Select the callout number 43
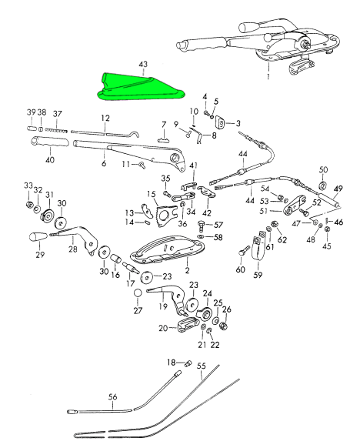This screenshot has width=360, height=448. pyautogui.click(x=143, y=65)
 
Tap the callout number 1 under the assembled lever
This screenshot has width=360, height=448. pyautogui.click(x=268, y=77)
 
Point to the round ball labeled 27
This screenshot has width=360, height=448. pyautogui.click(x=138, y=293)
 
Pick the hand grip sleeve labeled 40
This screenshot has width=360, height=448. pyautogui.click(x=50, y=142)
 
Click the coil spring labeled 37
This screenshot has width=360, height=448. pyautogui.click(x=56, y=130)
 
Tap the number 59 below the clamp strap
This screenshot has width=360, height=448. pyautogui.click(x=258, y=275)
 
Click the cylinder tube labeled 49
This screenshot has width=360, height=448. pyautogui.click(x=329, y=201)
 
